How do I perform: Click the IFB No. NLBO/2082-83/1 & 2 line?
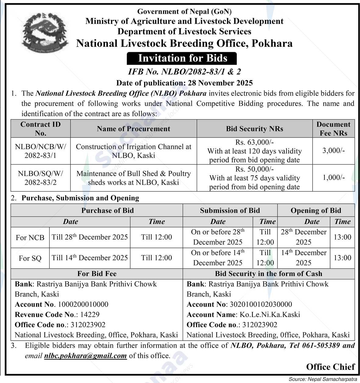tap(184, 72)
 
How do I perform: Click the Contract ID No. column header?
tap(41, 128)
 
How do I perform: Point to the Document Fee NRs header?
tap(333, 128)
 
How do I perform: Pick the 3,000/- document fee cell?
tap(333, 151)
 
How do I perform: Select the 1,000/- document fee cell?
tap(333, 178)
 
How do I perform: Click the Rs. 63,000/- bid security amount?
tap(254, 142)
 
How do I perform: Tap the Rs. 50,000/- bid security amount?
tap(254, 169)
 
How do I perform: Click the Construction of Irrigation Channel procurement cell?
tap(134, 151)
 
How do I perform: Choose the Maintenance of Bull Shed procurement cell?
tap(134, 178)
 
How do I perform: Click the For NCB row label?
tap(30, 237)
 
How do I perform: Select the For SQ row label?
tap(30, 258)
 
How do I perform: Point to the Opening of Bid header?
tap(315, 210)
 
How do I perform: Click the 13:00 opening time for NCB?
tap(342, 237)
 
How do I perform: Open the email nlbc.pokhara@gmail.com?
tap(85, 356)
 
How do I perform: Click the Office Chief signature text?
tap(330, 367)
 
